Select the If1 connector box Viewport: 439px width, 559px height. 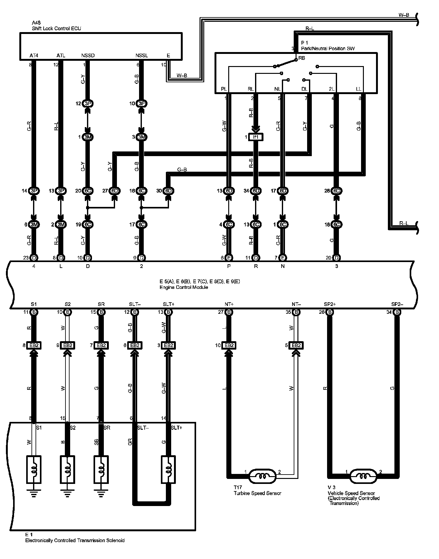256,137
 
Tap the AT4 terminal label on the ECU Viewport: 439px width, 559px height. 34,56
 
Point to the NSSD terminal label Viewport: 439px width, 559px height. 88,56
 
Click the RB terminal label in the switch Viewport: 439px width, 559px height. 302,58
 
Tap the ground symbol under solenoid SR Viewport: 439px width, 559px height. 101,493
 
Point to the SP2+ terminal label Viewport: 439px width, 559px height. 330,304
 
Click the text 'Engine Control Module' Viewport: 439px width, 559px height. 184,287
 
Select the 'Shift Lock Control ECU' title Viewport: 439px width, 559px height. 56,28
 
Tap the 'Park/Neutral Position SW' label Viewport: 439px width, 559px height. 328,49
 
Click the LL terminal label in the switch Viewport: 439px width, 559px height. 359,89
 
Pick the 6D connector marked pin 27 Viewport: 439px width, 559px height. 115,191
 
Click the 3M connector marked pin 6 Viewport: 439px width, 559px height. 34,224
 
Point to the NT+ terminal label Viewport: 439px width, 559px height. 229,304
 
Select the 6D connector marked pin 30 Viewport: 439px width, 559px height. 168,191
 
